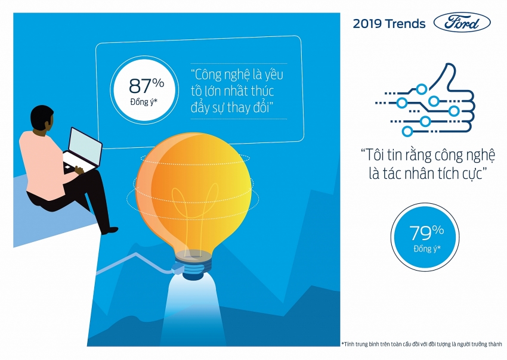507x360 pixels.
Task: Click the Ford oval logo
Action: (462, 24)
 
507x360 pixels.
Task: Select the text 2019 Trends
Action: (389, 24)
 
